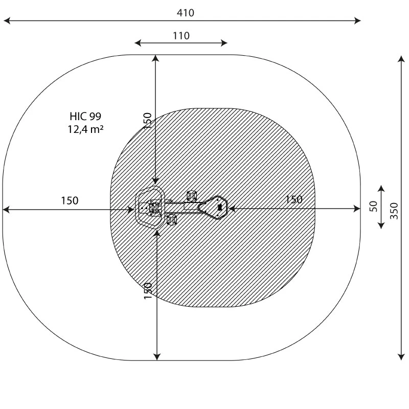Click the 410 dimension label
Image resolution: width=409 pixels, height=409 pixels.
coord(185,13)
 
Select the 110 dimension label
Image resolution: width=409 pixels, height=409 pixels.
coord(181,36)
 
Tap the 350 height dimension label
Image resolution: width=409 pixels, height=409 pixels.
coord(394,211)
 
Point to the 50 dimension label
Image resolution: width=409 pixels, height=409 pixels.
coord(374,206)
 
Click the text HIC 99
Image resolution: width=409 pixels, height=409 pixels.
coord(85,117)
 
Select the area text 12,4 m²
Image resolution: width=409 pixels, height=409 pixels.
coord(85,129)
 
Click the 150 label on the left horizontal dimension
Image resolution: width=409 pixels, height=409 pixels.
coord(70,200)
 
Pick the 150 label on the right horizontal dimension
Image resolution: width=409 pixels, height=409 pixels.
coord(293,199)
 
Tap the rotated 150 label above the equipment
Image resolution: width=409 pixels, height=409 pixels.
coord(148,121)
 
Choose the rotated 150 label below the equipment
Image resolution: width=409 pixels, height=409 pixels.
coord(148,291)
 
